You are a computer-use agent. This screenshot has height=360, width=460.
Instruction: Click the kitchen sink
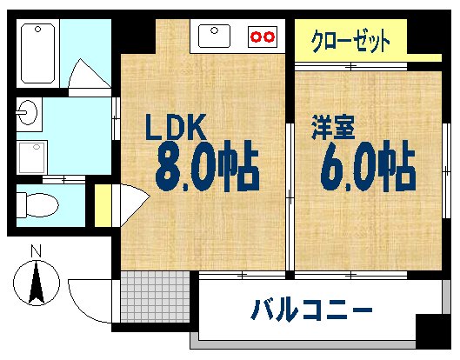[x=215, y=37]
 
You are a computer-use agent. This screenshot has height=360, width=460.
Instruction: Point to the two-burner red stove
[x=262, y=37]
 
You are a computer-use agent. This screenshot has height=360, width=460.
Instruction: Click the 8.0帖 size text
[x=207, y=168]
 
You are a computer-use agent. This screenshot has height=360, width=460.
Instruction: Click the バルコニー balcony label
[x=313, y=309]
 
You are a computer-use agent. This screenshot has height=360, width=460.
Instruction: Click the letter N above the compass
[x=36, y=252]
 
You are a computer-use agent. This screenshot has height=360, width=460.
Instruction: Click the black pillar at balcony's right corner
[x=433, y=331]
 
